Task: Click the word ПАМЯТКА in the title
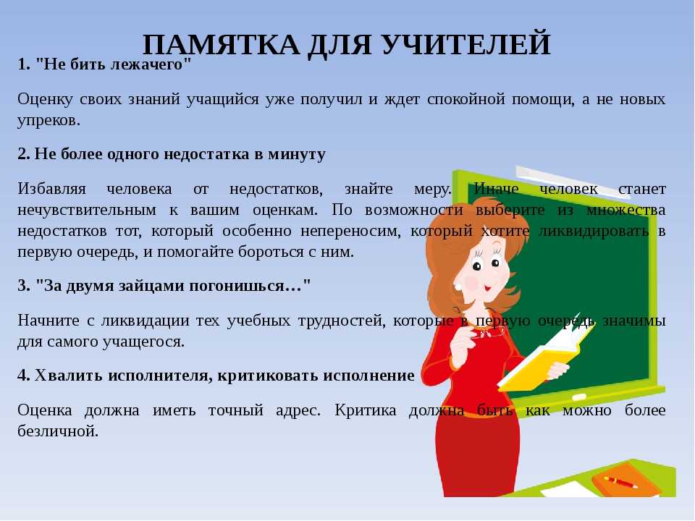point(221,44)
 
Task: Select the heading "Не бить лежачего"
point(113,64)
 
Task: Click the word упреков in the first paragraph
point(49,121)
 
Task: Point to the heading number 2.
point(24,153)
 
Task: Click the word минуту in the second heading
point(297,154)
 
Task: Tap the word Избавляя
point(52,189)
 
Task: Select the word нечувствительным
point(87,211)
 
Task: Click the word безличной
point(58,431)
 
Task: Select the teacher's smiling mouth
point(487,288)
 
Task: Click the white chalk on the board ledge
point(579,397)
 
